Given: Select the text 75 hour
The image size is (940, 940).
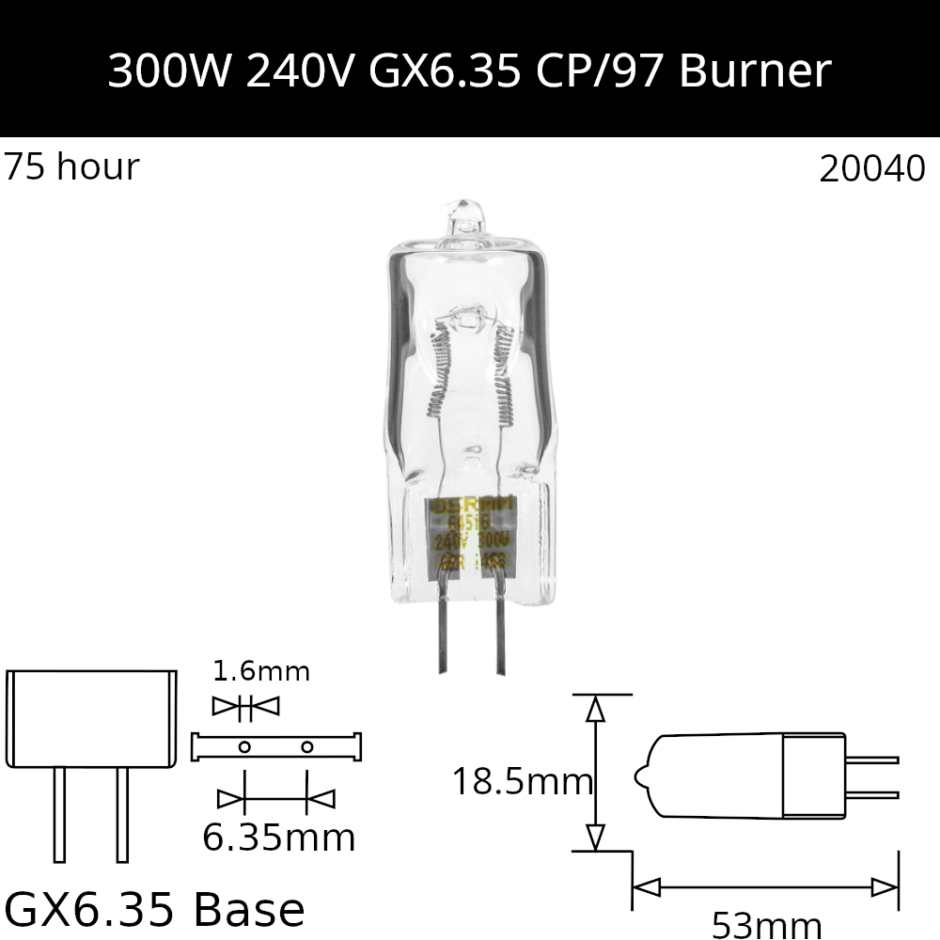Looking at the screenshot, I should coord(71,167).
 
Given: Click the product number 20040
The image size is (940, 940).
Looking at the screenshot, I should coord(872,169).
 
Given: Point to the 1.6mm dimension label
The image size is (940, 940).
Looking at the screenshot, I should coord(261,671).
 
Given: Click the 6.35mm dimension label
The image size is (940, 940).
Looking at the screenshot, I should coord(279,837).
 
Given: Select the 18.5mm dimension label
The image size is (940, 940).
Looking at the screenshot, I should coord(522,781).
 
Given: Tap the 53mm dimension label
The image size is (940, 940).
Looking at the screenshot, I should coord(767,925).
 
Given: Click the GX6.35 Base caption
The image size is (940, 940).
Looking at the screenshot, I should coord(155,909).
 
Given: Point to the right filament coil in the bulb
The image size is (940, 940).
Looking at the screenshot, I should coord(504,376).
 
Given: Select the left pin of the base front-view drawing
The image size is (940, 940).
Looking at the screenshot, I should coord(60,814).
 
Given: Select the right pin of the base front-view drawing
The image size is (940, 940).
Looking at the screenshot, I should coord(122,814).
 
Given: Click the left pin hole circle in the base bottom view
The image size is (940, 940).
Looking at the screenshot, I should coord(244,747).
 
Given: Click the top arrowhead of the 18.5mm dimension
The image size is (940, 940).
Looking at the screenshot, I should coord(594,710).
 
